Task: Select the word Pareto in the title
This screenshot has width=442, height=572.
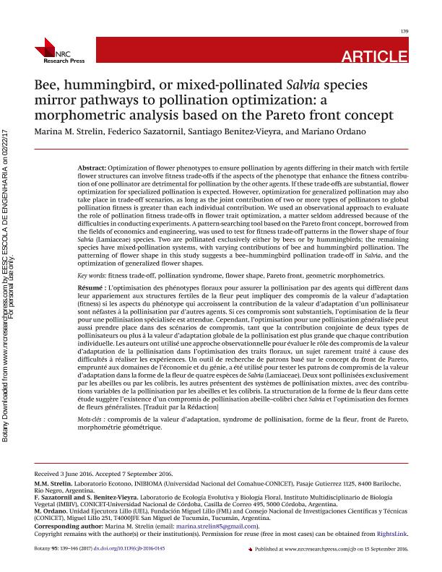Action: pos(312,116)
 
